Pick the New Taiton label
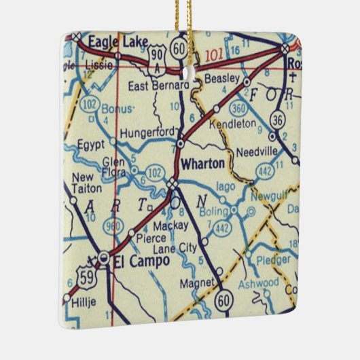tap(86, 183)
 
